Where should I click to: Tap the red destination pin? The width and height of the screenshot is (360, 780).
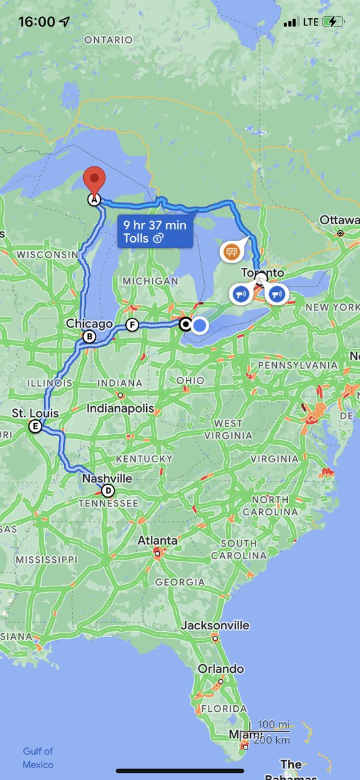tap(96, 178)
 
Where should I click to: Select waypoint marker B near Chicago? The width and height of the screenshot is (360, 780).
tap(89, 337)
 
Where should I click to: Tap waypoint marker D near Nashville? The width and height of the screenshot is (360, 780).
tap(108, 491)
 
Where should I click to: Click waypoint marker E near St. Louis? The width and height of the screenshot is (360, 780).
tap(35, 426)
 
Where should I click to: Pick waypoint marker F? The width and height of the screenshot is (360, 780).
tap(133, 324)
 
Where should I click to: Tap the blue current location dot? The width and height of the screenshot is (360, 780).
tap(200, 325)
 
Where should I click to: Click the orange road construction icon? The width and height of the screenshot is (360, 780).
tap(231, 250)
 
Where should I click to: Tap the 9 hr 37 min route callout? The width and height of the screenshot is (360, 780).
tap(155, 232)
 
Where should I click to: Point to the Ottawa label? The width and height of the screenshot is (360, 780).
tap(339, 220)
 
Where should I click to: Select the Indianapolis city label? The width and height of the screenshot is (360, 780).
tap(122, 408)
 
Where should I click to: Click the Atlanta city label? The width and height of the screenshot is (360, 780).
tap(157, 540)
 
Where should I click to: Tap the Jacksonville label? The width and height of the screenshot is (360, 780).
tap(215, 625)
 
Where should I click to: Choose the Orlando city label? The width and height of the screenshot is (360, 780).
tap(221, 669)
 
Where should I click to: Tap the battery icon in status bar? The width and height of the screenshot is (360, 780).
tap(336, 21)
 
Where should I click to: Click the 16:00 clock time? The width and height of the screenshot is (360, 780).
tap(36, 21)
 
